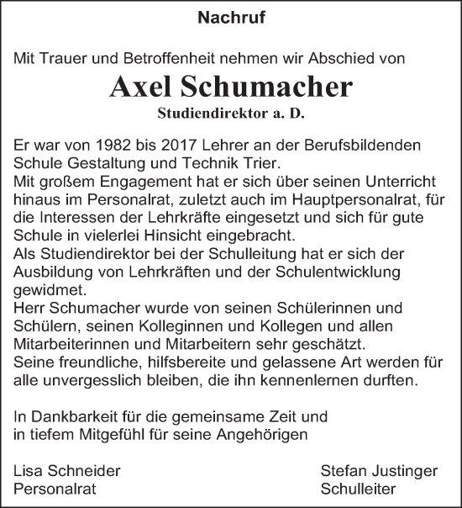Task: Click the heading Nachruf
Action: click(230, 17)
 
